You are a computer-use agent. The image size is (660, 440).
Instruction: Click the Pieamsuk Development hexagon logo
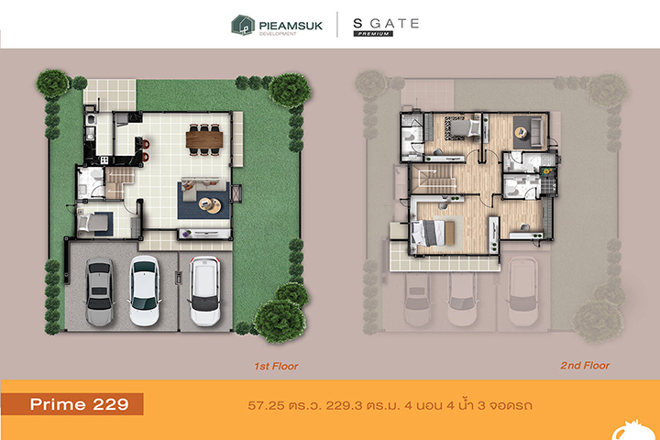[x=243, y=25]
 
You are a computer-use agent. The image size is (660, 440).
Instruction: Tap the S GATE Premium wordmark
[x=386, y=27]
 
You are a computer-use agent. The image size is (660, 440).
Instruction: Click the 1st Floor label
[x=276, y=367]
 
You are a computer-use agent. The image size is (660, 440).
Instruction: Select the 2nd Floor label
[x=585, y=366]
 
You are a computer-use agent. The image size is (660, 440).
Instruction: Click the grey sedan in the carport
[x=99, y=291]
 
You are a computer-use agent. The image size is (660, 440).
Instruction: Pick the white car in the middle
[x=145, y=291]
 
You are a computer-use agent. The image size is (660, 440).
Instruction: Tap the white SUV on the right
[x=204, y=291]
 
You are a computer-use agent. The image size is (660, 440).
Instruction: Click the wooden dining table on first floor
[x=204, y=139]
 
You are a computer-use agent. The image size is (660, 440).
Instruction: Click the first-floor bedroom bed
[x=93, y=223]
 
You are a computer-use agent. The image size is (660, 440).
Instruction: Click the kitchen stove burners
[x=104, y=160]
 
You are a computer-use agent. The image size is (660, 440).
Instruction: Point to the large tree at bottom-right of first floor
[x=279, y=321]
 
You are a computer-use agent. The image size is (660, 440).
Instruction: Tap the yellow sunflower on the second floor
[x=547, y=171]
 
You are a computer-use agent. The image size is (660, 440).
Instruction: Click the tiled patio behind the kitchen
[x=109, y=95]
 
